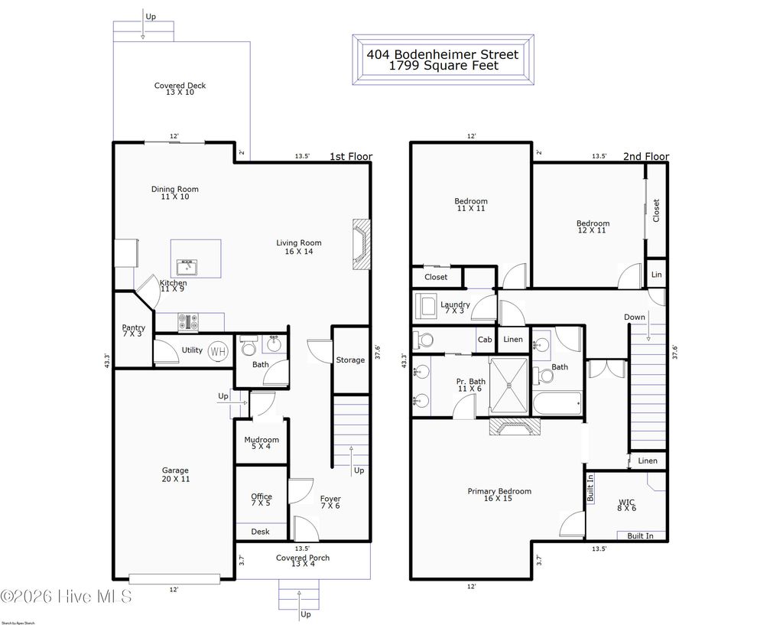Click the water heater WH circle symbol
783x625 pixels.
pos(218,351)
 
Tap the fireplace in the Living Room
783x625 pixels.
pos(361,244)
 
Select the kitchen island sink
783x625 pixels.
pos(187,266)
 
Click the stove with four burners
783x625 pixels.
pos(189,323)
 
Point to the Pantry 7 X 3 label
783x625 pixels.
pos(133,331)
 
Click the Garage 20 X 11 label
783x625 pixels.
pos(174,474)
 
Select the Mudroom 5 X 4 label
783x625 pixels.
pos(262,443)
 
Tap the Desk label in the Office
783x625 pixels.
pos(260,532)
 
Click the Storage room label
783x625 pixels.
pos(350,360)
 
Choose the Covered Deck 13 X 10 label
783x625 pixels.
pos(180,89)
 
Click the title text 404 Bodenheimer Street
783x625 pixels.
pos(443,54)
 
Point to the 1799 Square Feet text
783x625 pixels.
pos(443,66)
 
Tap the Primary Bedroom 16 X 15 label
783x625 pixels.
pos(499,495)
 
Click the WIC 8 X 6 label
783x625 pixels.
pos(626,506)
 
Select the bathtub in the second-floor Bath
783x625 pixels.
pos(557,402)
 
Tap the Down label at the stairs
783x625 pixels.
pos(634,317)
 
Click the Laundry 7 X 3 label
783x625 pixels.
pos(455,308)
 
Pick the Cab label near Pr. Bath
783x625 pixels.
pos(484,340)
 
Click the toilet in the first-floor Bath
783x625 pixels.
pos(248,348)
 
